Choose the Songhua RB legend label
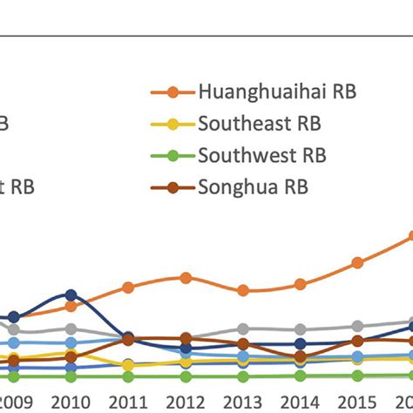click(x=253, y=186)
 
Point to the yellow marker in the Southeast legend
click(x=173, y=124)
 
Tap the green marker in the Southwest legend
click(x=173, y=156)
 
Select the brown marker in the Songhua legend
click(x=173, y=187)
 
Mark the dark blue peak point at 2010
click(x=71, y=295)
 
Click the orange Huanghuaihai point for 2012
click(x=186, y=278)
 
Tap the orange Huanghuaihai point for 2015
click(x=357, y=262)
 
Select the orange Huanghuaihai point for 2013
click(x=243, y=290)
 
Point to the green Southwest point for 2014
click(x=301, y=376)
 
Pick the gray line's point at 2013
click(x=243, y=328)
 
